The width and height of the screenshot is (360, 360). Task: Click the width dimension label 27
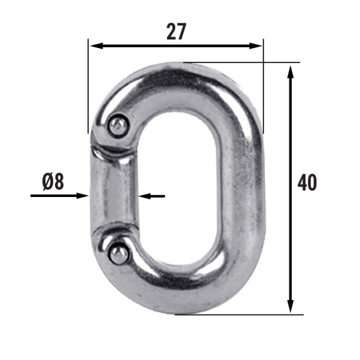(x=176, y=31)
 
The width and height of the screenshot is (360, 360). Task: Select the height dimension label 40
(x=307, y=182)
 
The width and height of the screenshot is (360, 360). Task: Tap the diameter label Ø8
(x=53, y=181)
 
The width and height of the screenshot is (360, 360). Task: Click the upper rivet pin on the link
(x=118, y=126)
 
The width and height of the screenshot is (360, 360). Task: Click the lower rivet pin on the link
(x=119, y=254)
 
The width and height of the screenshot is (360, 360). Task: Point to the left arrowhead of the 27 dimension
(x=97, y=46)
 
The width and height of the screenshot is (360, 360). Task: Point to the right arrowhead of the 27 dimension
(x=255, y=46)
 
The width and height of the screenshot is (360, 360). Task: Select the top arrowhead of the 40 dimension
(x=290, y=72)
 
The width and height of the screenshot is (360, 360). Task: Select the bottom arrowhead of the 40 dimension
(x=290, y=306)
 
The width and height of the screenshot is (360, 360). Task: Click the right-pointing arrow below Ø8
(x=60, y=196)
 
